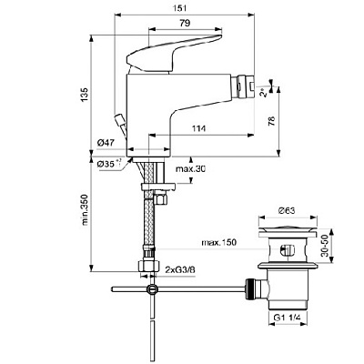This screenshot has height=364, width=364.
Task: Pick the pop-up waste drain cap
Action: click(x=289, y=235)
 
